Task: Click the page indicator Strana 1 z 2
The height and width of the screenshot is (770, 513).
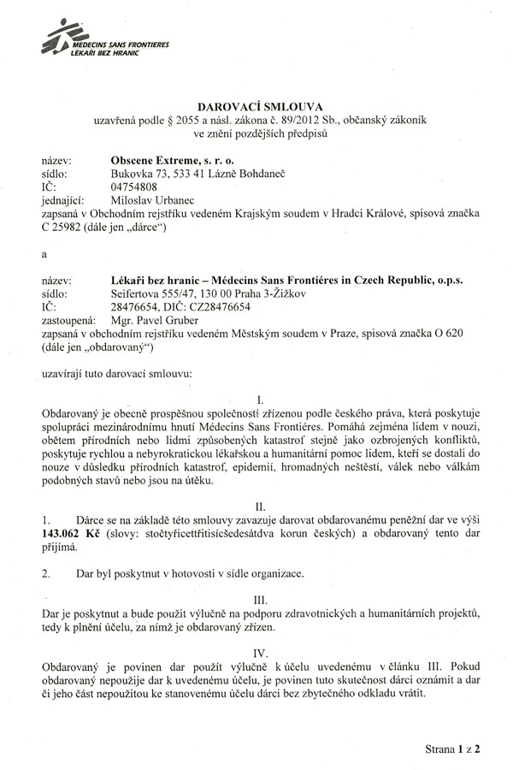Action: pos(453,748)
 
